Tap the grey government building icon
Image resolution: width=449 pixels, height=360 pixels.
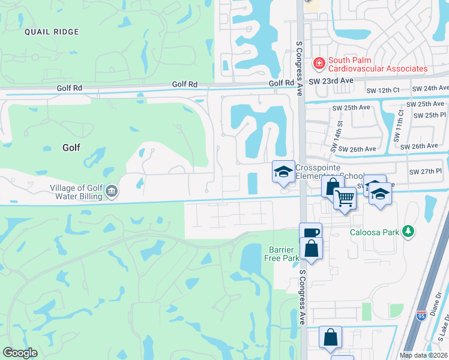[x=111, y=192]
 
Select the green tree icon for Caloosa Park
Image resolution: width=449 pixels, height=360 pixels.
[x=408, y=231]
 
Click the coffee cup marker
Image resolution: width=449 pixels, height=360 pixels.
[x=310, y=233]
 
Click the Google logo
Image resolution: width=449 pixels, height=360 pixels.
[x=20, y=353]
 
